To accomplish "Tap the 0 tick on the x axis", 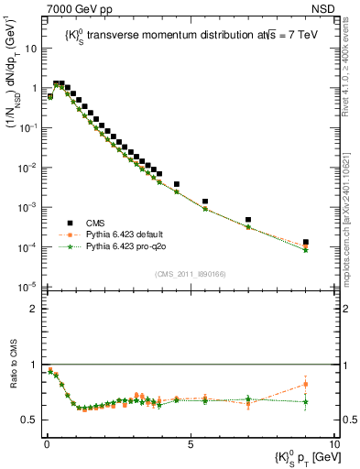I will click(x=46, y=442).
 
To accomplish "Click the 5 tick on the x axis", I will click(x=190, y=442).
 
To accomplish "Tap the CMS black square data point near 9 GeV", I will click(x=305, y=243).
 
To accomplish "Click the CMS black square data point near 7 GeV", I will click(x=248, y=220).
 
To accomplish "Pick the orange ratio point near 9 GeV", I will click(x=305, y=384).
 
